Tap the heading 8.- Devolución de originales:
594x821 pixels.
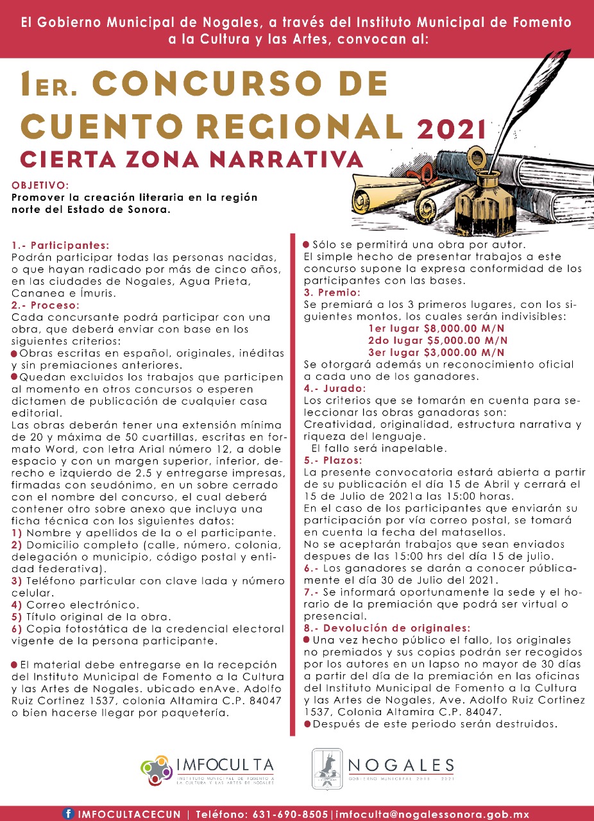click(x=387, y=627)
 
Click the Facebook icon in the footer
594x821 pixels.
click(x=68, y=813)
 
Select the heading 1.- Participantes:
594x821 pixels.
click(x=60, y=245)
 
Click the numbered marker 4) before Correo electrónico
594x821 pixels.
click(x=17, y=604)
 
